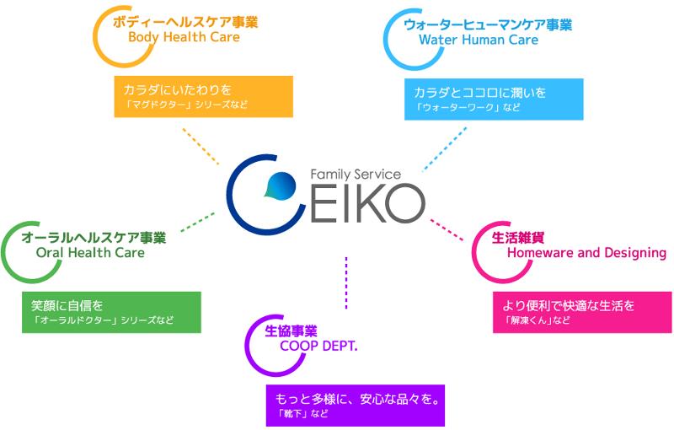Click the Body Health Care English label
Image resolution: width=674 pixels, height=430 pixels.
coord(184,37)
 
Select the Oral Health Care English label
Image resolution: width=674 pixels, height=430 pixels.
coord(90,252)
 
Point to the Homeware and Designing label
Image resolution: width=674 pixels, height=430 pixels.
coord(586,253)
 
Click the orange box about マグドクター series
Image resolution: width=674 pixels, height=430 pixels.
coord(202,96)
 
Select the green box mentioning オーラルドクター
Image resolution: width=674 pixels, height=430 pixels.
coord(110,311)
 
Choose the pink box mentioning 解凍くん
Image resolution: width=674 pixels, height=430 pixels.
coord(582,312)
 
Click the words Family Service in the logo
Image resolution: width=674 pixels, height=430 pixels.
coord(356,173)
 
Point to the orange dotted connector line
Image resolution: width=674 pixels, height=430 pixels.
coord(201,145)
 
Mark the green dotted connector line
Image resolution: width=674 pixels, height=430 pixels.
coord(197,221)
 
